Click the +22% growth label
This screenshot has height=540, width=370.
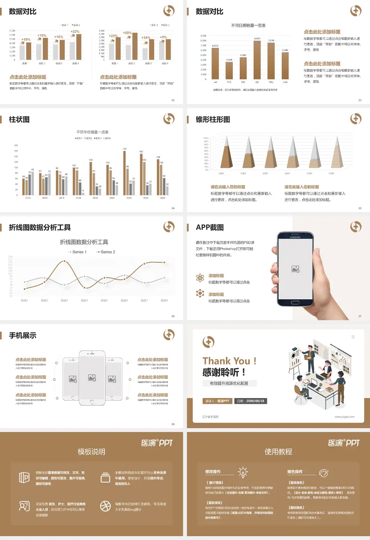click(x=75, y=32)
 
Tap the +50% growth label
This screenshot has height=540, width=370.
click(x=127, y=33)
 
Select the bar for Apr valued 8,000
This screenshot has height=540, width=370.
click(x=257, y=60)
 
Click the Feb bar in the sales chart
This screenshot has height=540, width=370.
click(x=229, y=70)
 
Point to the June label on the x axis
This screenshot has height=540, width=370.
click(x=285, y=82)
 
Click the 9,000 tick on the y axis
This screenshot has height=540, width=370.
click(x=203, y=36)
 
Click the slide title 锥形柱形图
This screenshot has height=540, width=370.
click(x=213, y=120)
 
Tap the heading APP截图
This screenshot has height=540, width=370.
click(x=210, y=228)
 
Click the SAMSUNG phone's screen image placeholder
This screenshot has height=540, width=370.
click(x=296, y=269)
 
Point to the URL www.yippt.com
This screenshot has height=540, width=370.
click(x=344, y=417)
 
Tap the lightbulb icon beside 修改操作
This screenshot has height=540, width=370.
click(x=243, y=472)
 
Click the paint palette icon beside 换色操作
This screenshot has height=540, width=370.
click(x=324, y=473)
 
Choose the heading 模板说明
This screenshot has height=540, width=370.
click(x=91, y=452)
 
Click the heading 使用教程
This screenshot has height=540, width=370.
click(x=278, y=452)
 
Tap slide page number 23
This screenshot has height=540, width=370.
click(x=360, y=100)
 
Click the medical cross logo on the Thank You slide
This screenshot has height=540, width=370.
click(x=209, y=342)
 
